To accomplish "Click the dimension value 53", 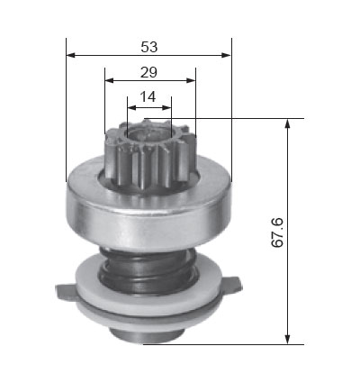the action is (149, 47).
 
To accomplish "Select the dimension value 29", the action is (148, 72).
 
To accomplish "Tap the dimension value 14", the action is (148, 96).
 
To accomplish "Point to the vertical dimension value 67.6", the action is (277, 232).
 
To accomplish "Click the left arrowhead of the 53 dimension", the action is (70, 55).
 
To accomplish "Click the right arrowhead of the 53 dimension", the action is (227, 55).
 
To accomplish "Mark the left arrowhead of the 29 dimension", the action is (109, 80).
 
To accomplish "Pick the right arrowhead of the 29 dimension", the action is (191, 80).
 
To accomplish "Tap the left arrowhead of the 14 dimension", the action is (132, 107).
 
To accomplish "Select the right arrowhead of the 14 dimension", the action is (166, 107).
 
